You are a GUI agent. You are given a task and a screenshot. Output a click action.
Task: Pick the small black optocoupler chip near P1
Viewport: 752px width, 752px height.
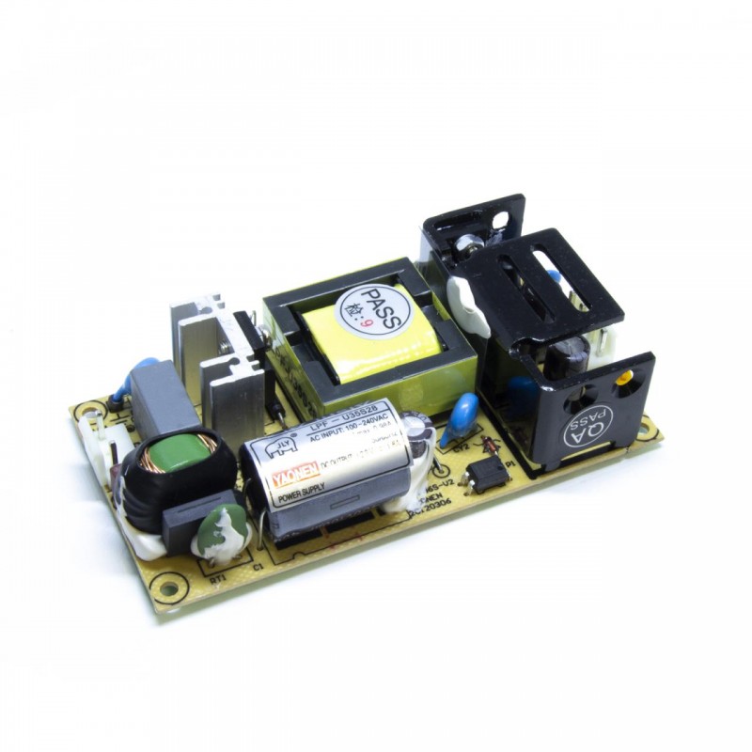point(488,472)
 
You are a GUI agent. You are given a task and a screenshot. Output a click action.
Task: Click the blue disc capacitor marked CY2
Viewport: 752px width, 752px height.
point(461,414)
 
